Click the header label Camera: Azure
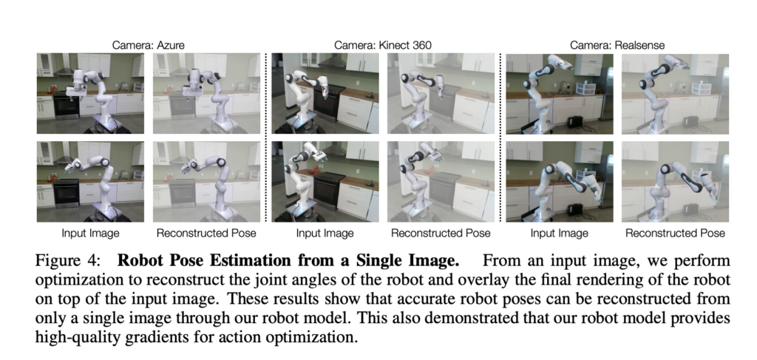[x=148, y=45]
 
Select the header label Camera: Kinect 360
[x=383, y=45]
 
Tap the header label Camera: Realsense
[x=617, y=45]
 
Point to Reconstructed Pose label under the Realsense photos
[x=676, y=234]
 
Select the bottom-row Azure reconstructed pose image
[x=206, y=182]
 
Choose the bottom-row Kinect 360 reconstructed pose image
[x=441, y=182]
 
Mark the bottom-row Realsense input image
[x=560, y=182]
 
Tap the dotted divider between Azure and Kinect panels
[x=266, y=137]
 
